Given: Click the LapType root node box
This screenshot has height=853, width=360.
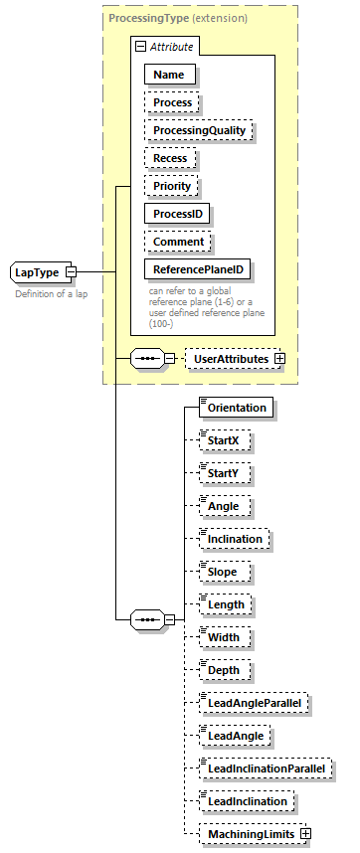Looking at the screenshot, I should [x=37, y=271].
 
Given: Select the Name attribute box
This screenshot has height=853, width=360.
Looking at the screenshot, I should [x=170, y=74].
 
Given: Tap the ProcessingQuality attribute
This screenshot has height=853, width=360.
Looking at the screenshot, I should [x=199, y=130].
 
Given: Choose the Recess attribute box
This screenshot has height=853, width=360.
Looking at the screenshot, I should [x=170, y=158].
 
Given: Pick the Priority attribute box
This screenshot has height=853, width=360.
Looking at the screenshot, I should [x=172, y=186].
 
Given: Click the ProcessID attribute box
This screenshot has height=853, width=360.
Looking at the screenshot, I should [x=178, y=214].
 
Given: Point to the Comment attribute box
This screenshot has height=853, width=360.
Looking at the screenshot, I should [x=178, y=242].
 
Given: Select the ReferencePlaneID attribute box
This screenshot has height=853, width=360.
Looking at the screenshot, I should [x=198, y=269].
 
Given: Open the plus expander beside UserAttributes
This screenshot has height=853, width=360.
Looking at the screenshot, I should [x=279, y=358].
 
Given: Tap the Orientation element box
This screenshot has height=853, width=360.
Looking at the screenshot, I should [x=236, y=408].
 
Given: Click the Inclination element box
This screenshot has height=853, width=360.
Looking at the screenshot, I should [x=234, y=539].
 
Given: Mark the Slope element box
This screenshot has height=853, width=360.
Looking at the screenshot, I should [x=223, y=572].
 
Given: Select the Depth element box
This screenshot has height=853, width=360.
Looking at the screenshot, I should [x=224, y=670].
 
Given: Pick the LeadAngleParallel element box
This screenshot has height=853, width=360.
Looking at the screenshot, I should [x=254, y=703].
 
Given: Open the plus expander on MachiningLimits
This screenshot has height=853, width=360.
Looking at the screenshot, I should [x=305, y=834].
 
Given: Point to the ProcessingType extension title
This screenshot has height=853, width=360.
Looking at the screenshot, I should [x=178, y=18].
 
